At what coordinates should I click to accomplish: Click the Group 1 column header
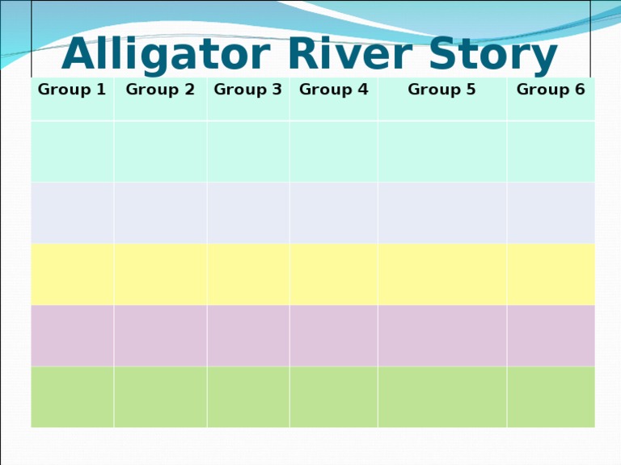[72, 90]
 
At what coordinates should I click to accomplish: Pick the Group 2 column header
[160, 90]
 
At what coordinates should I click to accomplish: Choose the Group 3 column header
[247, 90]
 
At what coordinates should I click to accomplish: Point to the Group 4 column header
[333, 90]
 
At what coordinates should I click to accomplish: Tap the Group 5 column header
[441, 90]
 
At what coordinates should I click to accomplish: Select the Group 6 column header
[551, 90]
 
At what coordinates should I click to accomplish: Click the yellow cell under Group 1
[72, 274]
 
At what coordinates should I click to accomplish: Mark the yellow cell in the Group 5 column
[441, 274]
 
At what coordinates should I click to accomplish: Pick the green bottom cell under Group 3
[247, 397]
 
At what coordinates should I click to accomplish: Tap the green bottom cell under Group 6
[551, 397]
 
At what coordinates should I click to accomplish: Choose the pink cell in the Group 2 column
[160, 336]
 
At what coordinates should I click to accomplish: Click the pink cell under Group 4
[333, 336]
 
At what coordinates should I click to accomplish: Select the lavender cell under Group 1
[72, 213]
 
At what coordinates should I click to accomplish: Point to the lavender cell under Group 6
[551, 213]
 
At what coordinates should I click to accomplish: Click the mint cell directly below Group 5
[441, 152]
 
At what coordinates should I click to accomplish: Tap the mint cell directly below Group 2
[160, 152]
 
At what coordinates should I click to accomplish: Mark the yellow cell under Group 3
[247, 274]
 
